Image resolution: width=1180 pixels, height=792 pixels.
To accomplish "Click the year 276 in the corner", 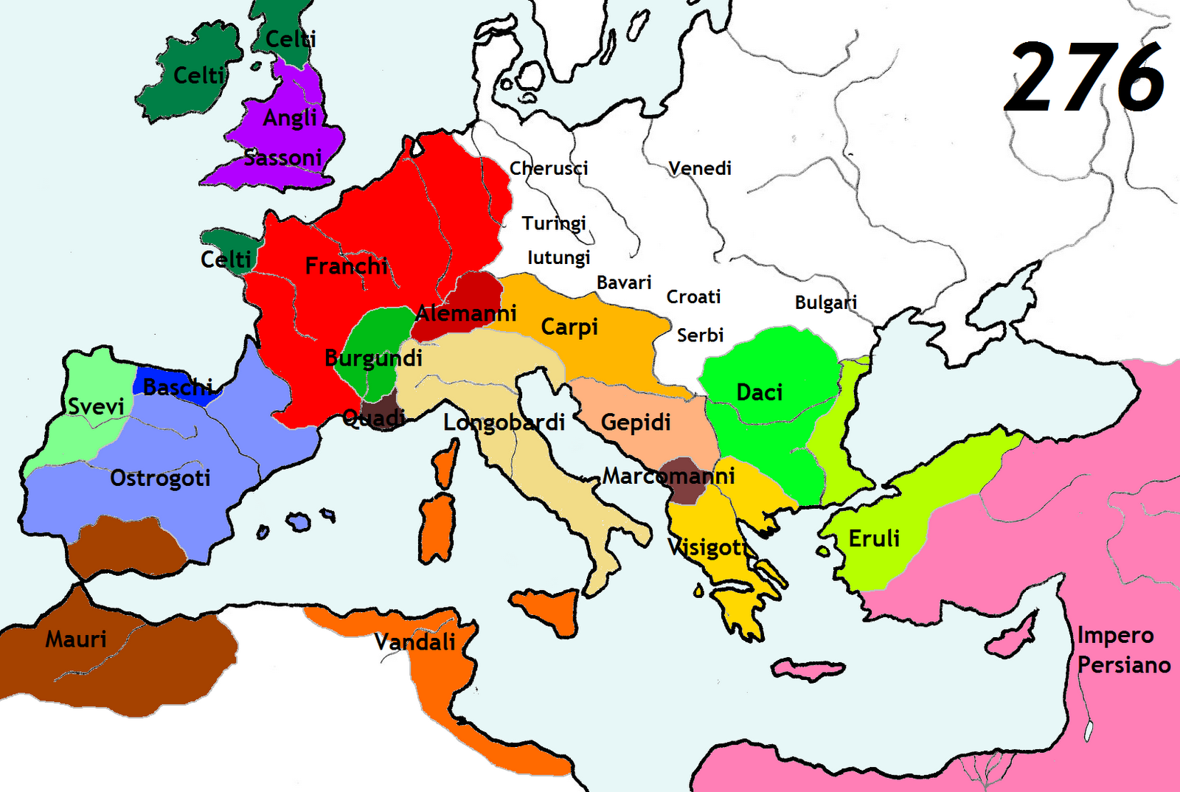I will [1085, 77].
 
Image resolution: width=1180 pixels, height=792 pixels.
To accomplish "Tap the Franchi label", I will [346, 265].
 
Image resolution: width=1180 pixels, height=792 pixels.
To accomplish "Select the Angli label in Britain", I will [290, 117].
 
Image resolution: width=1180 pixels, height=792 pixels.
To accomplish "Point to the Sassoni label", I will [283, 158].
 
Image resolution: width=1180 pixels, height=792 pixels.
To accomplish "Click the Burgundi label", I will [373, 358].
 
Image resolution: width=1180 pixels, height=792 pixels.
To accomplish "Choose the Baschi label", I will [178, 386].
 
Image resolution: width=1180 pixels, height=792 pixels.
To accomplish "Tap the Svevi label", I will [96, 406].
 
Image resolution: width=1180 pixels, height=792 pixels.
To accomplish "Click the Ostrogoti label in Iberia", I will [160, 479].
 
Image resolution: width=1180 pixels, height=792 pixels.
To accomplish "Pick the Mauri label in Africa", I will [76, 639].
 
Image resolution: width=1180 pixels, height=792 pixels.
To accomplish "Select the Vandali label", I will [415, 642].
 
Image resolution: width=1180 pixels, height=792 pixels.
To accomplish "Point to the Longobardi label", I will [504, 423].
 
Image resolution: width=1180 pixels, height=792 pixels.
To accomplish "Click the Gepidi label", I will [636, 423].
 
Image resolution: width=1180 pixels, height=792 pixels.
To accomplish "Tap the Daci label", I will [759, 392].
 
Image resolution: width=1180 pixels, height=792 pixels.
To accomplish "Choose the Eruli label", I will [874, 538].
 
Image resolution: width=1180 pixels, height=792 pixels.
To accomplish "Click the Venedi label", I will [699, 168].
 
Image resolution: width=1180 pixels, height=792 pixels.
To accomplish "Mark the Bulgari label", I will [826, 302].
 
